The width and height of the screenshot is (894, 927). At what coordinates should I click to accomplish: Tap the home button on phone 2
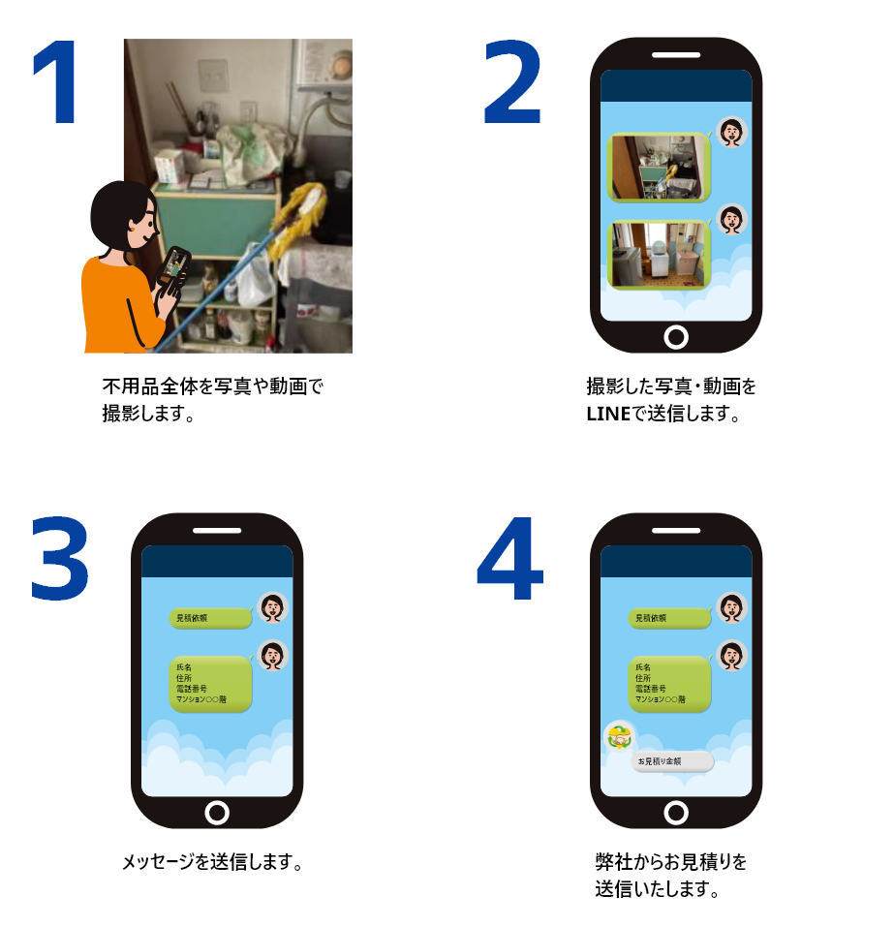tap(676, 336)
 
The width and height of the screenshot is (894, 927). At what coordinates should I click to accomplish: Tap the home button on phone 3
tap(217, 812)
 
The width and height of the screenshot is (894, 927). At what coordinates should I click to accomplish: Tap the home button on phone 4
tap(676, 812)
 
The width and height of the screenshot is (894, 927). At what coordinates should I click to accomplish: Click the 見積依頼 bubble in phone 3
tap(208, 618)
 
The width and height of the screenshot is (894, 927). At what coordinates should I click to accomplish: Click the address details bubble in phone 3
tap(211, 683)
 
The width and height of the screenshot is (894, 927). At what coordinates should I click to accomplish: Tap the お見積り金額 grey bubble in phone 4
tap(672, 762)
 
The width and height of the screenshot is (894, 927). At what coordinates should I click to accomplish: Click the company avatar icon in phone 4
tap(619, 738)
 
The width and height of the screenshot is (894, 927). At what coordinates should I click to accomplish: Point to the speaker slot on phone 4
tap(676, 531)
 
